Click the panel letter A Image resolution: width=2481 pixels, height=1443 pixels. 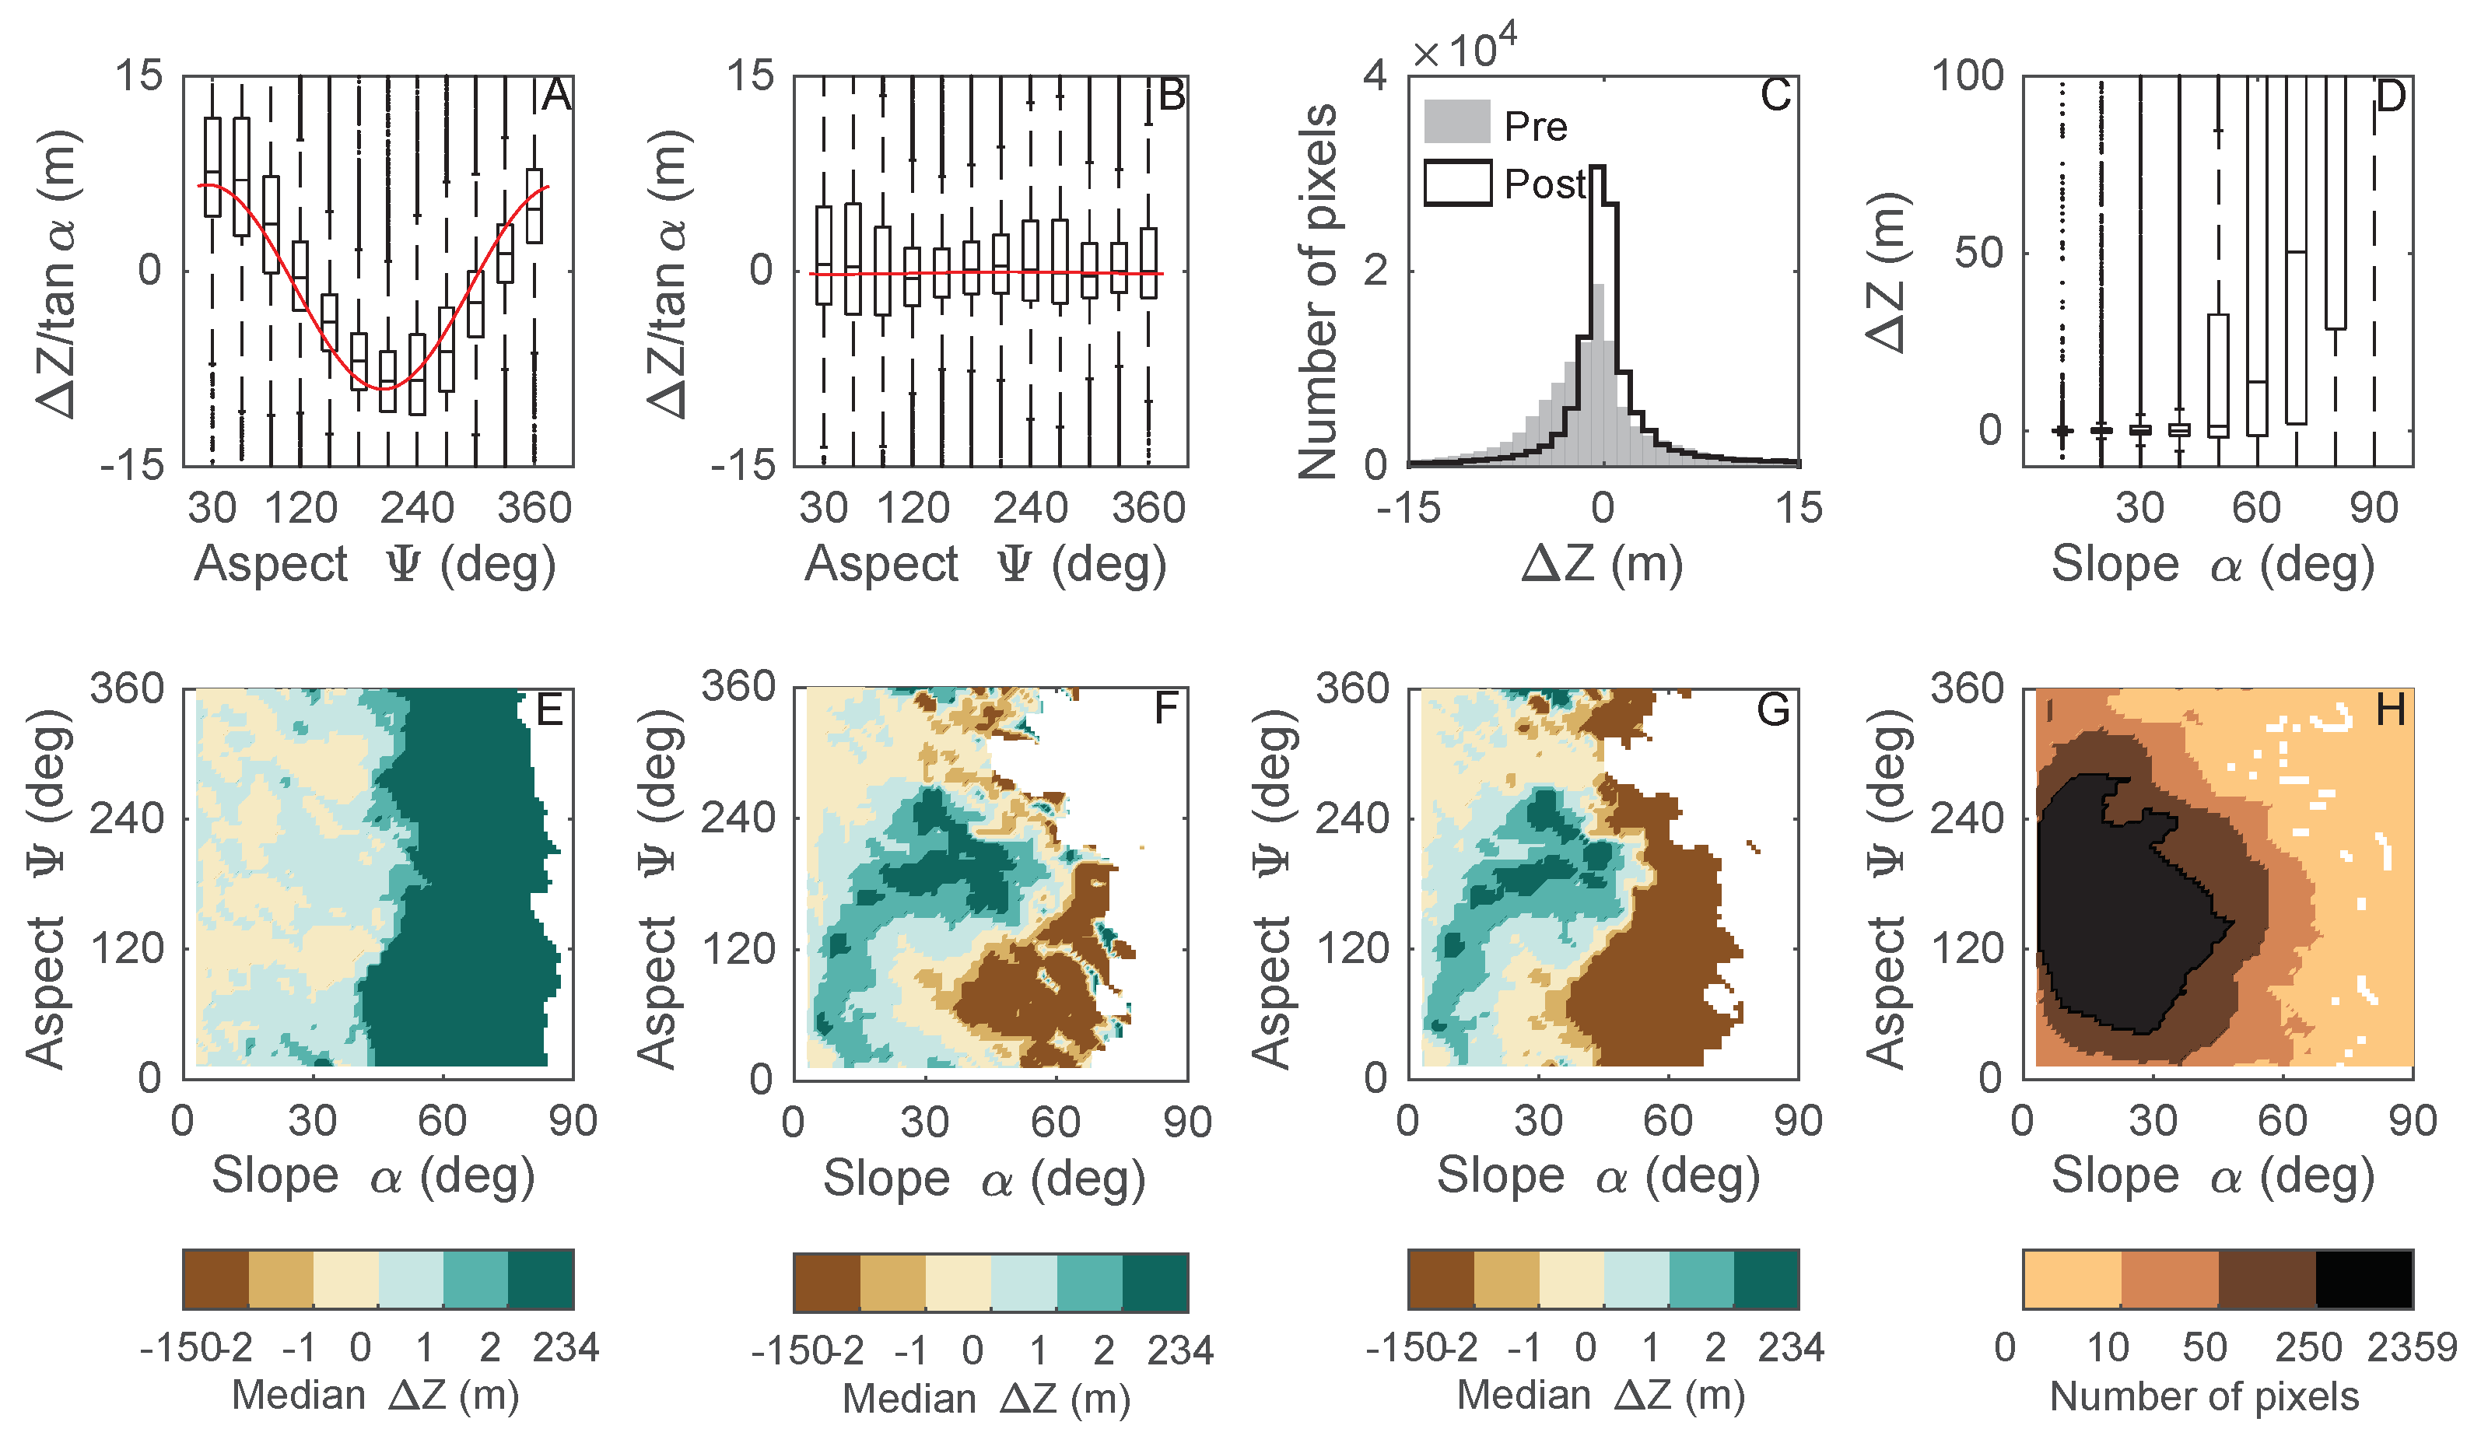tap(556, 96)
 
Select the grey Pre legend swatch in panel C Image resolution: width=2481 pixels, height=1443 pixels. tap(1456, 121)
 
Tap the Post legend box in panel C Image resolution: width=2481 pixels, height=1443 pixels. tap(1457, 183)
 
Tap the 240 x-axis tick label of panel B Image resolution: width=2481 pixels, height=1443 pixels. tap(1030, 508)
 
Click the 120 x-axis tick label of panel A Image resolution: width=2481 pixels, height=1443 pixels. tap(300, 508)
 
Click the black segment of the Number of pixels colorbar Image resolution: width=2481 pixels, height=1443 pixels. tap(2364, 1280)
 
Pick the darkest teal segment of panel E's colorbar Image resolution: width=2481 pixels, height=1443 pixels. tap(541, 1280)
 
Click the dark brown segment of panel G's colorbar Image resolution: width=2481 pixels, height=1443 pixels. tap(1440, 1280)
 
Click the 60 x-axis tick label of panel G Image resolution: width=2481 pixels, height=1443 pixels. tap(1668, 1121)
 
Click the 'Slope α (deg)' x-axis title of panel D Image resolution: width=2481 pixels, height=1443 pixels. tap(2213, 565)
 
